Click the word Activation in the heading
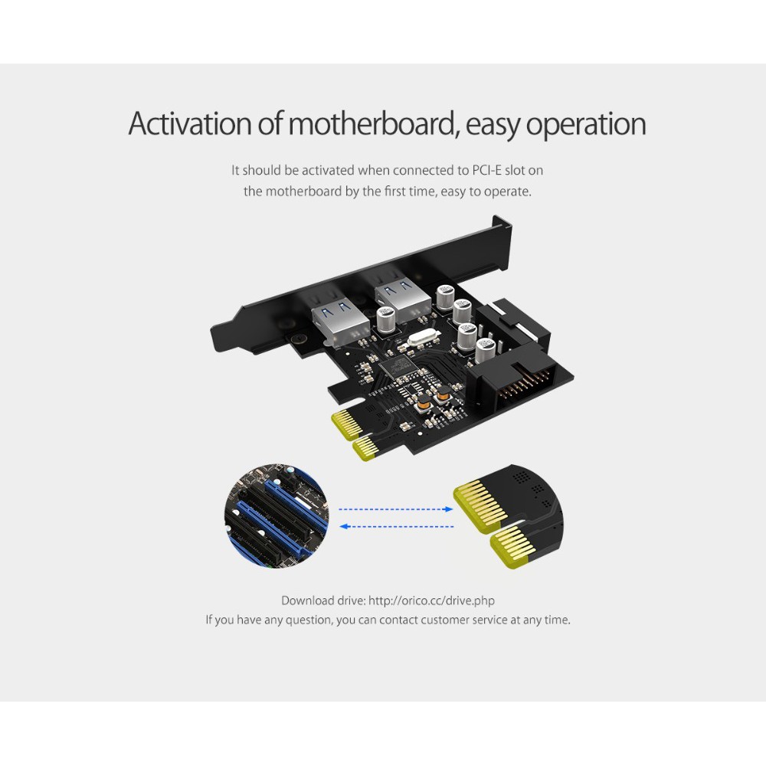coord(190,123)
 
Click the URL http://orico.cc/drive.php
coord(431,601)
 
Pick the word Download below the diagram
coord(307,601)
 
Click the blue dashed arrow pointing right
coord(396,509)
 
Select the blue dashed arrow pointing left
coord(396,527)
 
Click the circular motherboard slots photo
coord(277,516)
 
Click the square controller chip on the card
coord(397,366)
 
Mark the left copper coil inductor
coord(423,402)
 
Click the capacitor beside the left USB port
coord(386,319)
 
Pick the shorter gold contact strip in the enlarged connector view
coord(514,547)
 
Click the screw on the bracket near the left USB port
coord(296,339)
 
